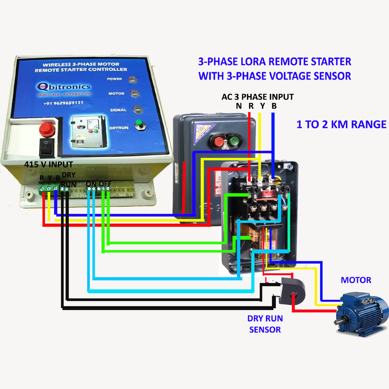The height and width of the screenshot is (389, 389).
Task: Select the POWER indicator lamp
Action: (x=132, y=80)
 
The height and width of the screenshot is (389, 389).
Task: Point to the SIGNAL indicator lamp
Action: (x=137, y=110)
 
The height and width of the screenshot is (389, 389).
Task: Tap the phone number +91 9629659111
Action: (x=63, y=103)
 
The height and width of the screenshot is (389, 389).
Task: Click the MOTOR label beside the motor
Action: (x=356, y=280)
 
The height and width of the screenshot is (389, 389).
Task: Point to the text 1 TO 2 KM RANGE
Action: (x=341, y=124)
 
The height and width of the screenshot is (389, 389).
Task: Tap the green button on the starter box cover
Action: (x=232, y=142)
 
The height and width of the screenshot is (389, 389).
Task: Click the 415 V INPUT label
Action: (x=48, y=164)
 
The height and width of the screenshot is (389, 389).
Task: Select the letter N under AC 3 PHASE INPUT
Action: (x=239, y=106)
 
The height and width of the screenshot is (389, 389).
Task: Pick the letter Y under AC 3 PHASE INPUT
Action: (x=262, y=106)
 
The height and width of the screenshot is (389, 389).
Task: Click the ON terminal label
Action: (x=91, y=184)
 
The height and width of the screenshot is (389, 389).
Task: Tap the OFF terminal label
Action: (x=105, y=184)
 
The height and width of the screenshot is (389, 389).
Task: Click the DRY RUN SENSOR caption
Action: (x=265, y=324)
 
